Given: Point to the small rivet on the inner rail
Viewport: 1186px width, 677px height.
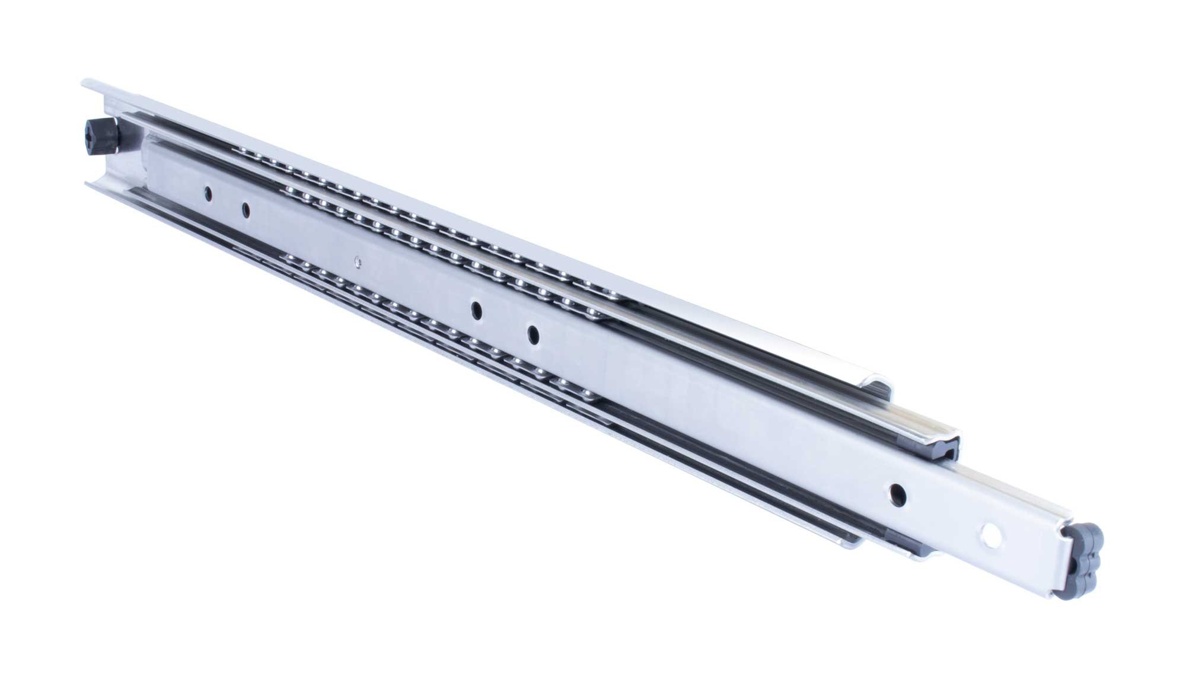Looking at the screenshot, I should point(356,259).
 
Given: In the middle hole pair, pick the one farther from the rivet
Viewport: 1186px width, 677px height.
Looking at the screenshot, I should point(533,334).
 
